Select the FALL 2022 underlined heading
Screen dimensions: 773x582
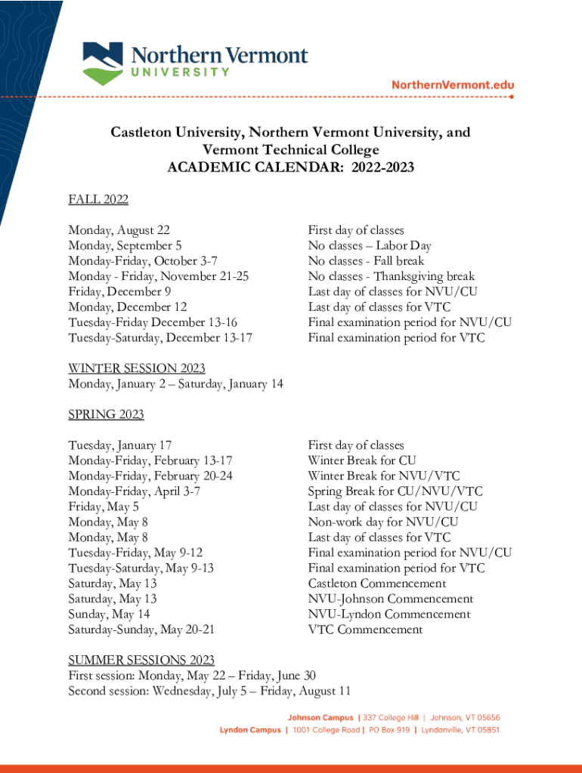point(98,199)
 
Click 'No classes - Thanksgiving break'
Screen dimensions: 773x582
point(391,276)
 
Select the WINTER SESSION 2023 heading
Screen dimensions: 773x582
point(137,368)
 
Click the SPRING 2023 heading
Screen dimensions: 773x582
point(106,414)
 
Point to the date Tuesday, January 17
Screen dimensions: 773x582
point(120,445)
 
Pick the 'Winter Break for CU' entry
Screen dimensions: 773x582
point(362,460)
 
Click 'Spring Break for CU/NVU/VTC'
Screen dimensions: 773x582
point(395,491)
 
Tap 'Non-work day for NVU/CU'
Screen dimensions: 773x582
point(383,522)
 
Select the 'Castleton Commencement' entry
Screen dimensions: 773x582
point(377,584)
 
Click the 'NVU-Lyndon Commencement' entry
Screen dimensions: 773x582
point(389,614)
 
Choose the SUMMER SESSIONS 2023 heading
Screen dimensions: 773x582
point(141,661)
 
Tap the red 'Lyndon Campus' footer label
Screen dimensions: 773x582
point(250,730)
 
